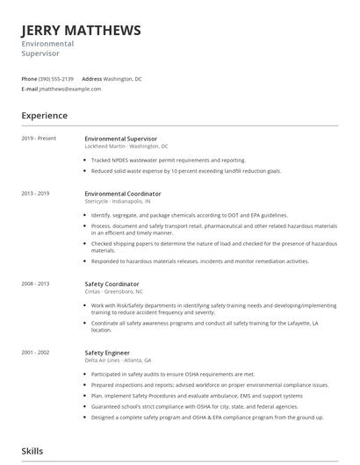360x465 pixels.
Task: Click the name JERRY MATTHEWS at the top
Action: [x=81, y=31]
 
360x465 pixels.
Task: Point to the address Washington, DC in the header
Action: [x=123, y=78]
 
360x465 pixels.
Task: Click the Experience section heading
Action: [x=45, y=116]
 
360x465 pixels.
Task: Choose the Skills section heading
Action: [x=32, y=451]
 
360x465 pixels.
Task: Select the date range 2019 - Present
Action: [x=39, y=139]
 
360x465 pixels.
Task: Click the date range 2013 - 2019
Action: [x=36, y=193]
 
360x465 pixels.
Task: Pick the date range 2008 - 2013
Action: [x=36, y=284]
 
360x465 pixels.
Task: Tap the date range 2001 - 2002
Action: [x=36, y=352]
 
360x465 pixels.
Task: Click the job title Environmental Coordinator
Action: [x=123, y=193]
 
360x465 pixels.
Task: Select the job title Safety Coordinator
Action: [x=112, y=284]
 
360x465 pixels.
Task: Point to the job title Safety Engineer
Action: [x=107, y=352]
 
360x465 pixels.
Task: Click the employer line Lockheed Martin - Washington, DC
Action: [x=126, y=147]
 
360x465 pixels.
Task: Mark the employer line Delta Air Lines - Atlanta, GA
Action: [x=119, y=360]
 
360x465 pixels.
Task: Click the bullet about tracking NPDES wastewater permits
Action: [x=168, y=161]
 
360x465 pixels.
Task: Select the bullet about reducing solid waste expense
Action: [x=185, y=171]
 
